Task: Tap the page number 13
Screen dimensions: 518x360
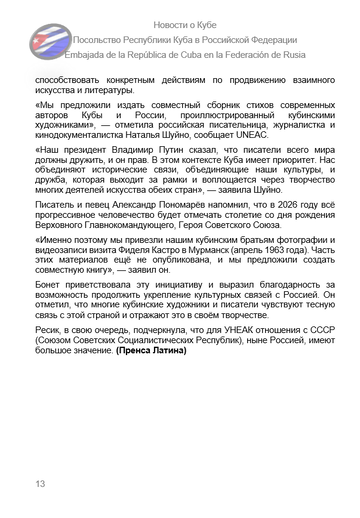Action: click(41, 484)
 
